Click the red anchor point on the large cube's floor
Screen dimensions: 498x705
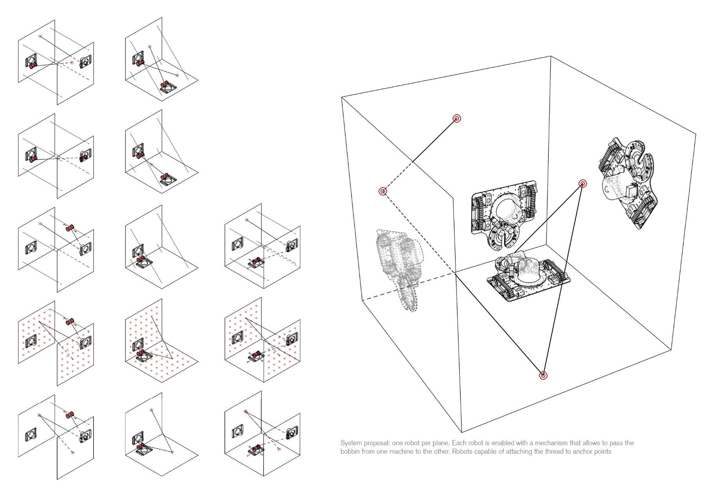543,376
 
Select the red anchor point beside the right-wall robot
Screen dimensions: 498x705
582,184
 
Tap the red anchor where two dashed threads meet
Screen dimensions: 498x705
383,191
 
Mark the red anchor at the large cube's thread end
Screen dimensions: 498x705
457,118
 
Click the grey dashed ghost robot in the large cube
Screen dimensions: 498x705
399,266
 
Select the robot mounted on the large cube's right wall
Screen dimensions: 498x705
627,184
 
